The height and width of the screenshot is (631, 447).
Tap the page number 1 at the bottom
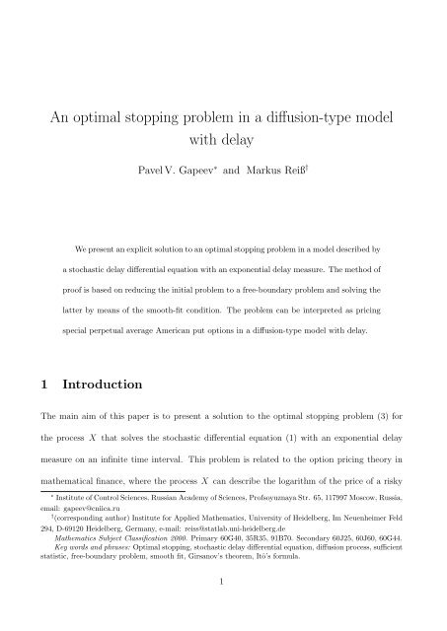pyautogui.click(x=224, y=609)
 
